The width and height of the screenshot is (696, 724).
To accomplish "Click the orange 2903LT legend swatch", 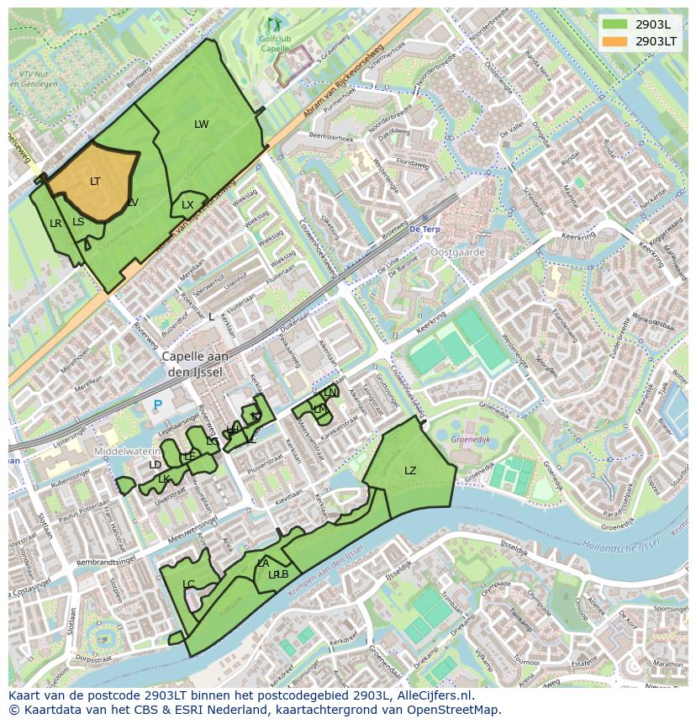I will (x=615, y=41).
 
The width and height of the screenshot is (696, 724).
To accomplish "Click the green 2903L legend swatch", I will (x=615, y=24).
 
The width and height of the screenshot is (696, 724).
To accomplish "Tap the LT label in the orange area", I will (x=95, y=182).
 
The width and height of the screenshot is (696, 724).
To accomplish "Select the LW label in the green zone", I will (x=201, y=124).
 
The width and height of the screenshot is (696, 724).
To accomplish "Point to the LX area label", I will (x=187, y=205).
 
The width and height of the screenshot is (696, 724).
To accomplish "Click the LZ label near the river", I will (x=410, y=471).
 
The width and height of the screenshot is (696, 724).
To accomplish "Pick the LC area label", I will (x=188, y=584).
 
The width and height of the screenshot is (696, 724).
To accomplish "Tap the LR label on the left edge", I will (x=55, y=224).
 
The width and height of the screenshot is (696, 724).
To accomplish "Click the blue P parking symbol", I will (x=157, y=405).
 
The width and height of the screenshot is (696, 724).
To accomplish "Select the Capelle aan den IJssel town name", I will (x=195, y=363).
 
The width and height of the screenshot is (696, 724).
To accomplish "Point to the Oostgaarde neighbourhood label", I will (x=457, y=251).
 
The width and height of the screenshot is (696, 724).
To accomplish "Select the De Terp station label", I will (x=424, y=229).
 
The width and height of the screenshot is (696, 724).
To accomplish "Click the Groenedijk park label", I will (x=471, y=438).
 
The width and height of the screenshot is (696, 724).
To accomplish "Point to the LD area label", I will (x=155, y=465).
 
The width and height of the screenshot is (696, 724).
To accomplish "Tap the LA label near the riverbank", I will (x=263, y=563).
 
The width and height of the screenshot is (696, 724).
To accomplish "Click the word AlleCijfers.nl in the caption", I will (x=432, y=695).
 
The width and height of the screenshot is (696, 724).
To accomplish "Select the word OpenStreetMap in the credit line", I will (x=457, y=710).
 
